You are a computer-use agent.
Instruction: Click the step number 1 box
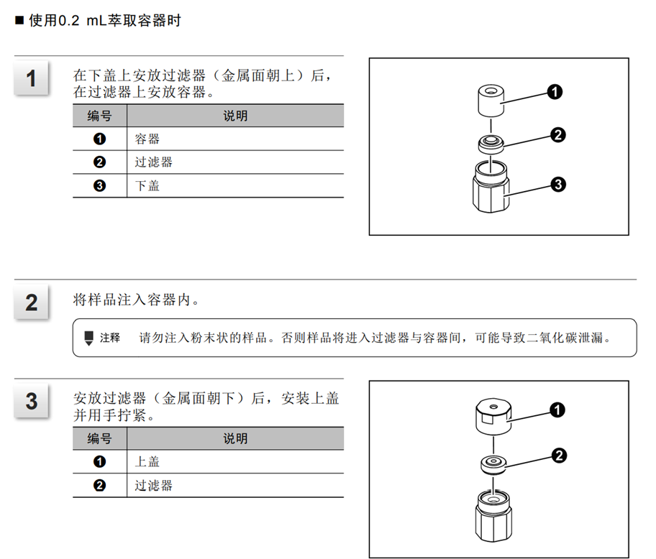(31, 78)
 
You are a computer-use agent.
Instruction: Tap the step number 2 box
(31, 302)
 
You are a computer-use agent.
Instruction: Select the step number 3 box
(31, 401)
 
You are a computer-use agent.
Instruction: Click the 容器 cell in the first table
(235, 139)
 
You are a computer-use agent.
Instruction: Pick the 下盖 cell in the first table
(235, 185)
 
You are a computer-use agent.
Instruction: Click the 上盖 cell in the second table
(235, 462)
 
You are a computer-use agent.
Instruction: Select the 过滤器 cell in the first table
(235, 162)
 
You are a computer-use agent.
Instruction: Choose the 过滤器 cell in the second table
(235, 486)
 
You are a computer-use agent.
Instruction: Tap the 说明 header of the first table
(235, 116)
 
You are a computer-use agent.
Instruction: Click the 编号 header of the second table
(99, 439)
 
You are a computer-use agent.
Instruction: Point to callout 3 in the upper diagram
(558, 184)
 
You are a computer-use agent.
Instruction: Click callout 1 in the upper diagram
(555, 92)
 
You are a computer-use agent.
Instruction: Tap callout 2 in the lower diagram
(559, 456)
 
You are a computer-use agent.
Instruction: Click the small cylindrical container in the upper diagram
(491, 101)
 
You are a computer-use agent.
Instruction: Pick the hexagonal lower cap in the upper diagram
(491, 186)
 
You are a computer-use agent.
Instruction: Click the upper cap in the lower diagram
(493, 417)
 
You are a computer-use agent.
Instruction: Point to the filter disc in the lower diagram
(493, 465)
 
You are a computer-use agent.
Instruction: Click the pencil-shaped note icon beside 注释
(88, 338)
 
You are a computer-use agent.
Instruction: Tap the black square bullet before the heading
(19, 20)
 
